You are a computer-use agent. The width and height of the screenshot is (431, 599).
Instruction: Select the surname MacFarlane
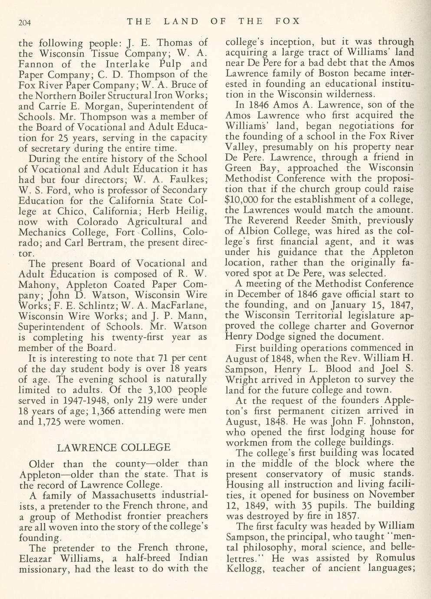(x=178, y=306)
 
